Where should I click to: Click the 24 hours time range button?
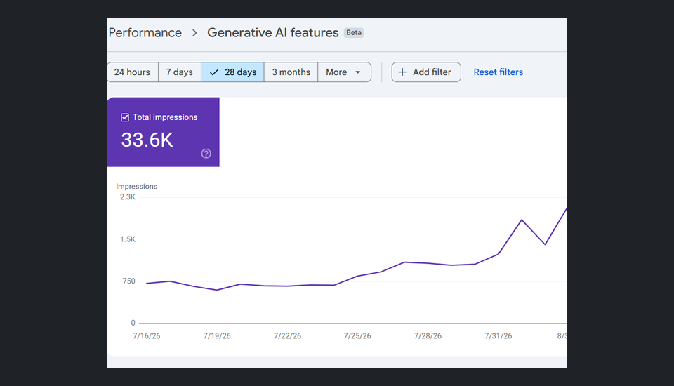click(133, 72)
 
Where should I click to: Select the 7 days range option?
click(180, 72)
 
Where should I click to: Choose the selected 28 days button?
click(232, 72)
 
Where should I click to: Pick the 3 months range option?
click(291, 72)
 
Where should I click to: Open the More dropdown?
click(344, 72)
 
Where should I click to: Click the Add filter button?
click(426, 72)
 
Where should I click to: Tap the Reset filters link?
click(498, 72)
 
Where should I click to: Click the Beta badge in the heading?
click(354, 33)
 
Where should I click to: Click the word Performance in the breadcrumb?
click(145, 33)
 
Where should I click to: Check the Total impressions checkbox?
click(125, 117)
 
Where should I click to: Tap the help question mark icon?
click(206, 154)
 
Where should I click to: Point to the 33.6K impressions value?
click(147, 140)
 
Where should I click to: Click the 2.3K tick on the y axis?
click(128, 197)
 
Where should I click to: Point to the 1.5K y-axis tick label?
click(128, 239)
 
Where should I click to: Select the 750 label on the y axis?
click(129, 281)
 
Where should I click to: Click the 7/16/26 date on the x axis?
click(147, 335)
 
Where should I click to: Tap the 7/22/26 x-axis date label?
click(288, 335)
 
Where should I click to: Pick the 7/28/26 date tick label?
click(428, 335)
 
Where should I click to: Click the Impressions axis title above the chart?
click(137, 186)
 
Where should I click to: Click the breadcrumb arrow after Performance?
click(194, 33)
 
